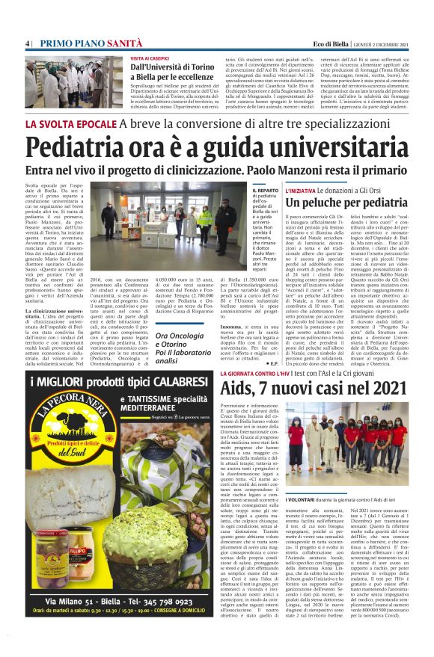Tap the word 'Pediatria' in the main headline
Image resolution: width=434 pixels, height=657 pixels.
tap(82, 144)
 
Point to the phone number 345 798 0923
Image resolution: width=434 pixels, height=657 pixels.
tap(171, 600)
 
